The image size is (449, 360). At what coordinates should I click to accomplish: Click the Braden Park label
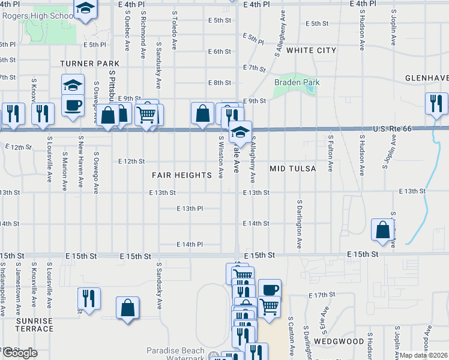297,82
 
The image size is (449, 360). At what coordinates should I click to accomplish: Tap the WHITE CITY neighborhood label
311,50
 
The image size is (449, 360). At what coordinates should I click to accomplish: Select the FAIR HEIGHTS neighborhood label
181,175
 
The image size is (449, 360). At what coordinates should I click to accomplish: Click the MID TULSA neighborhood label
292,169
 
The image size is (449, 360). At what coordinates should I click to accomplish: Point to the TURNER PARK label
89,63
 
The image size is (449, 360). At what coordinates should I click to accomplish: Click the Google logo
20,353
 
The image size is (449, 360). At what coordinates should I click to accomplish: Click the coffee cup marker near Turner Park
73,107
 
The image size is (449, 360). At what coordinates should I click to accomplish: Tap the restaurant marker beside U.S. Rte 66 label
436,103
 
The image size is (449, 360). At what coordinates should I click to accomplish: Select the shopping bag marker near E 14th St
383,230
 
